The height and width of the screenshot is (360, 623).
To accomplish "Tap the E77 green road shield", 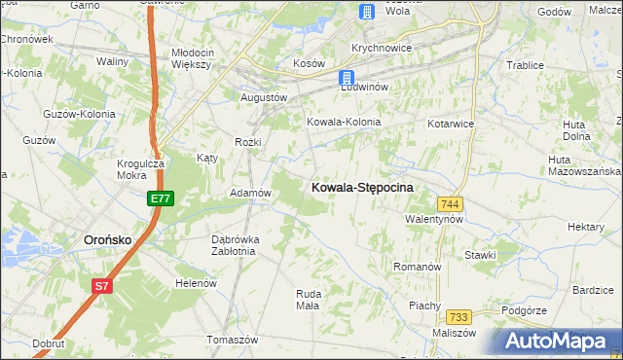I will (x=162, y=198).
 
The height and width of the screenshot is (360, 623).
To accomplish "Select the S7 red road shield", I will (x=102, y=285).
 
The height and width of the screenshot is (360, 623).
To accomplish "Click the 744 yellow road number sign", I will (x=450, y=203).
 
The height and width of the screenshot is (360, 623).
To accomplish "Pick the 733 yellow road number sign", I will (x=459, y=317).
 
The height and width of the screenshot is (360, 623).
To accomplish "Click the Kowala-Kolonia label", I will (x=344, y=123).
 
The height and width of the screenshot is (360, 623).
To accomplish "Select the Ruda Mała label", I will (x=308, y=299).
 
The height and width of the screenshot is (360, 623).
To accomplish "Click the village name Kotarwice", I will (x=451, y=125).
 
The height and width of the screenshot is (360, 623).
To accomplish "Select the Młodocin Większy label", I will (x=191, y=58).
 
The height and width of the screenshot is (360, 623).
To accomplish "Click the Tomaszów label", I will (x=232, y=340).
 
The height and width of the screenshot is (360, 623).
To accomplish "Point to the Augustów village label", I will (x=264, y=98).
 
